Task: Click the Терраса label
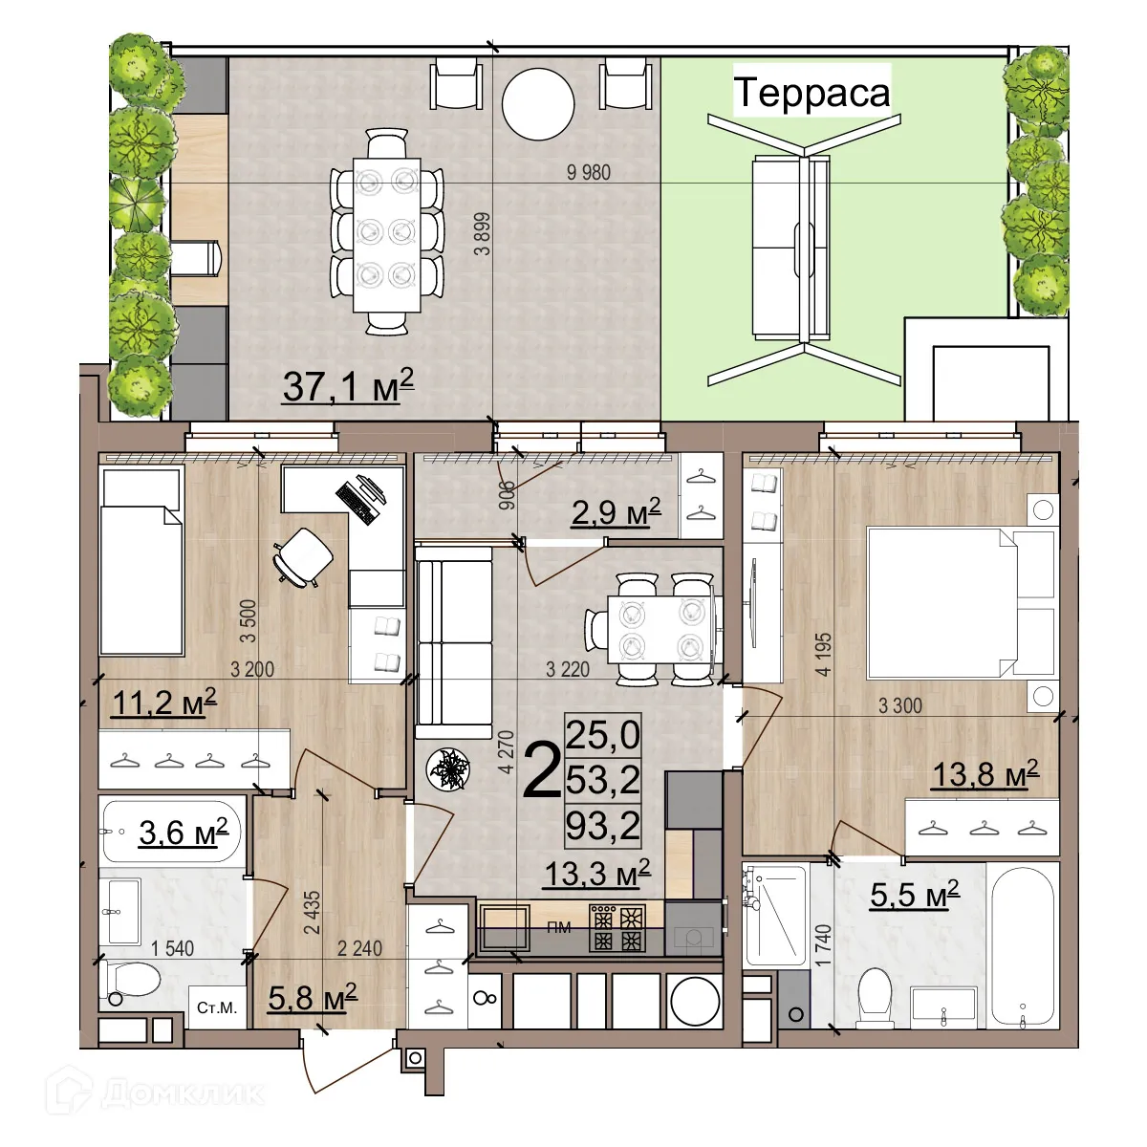coord(812,93)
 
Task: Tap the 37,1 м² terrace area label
coord(348,386)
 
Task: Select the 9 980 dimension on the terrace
coord(588,172)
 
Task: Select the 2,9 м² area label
coord(616,513)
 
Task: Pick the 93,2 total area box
coord(603,825)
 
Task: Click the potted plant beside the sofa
coord(447,768)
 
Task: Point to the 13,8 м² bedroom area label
coord(985,774)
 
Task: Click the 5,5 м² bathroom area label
coord(914,895)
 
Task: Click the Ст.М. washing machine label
coord(216,1008)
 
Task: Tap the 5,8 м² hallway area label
coord(313,998)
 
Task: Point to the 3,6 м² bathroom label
coord(184,833)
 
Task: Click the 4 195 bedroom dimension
coord(823,654)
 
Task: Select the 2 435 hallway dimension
coord(312,914)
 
